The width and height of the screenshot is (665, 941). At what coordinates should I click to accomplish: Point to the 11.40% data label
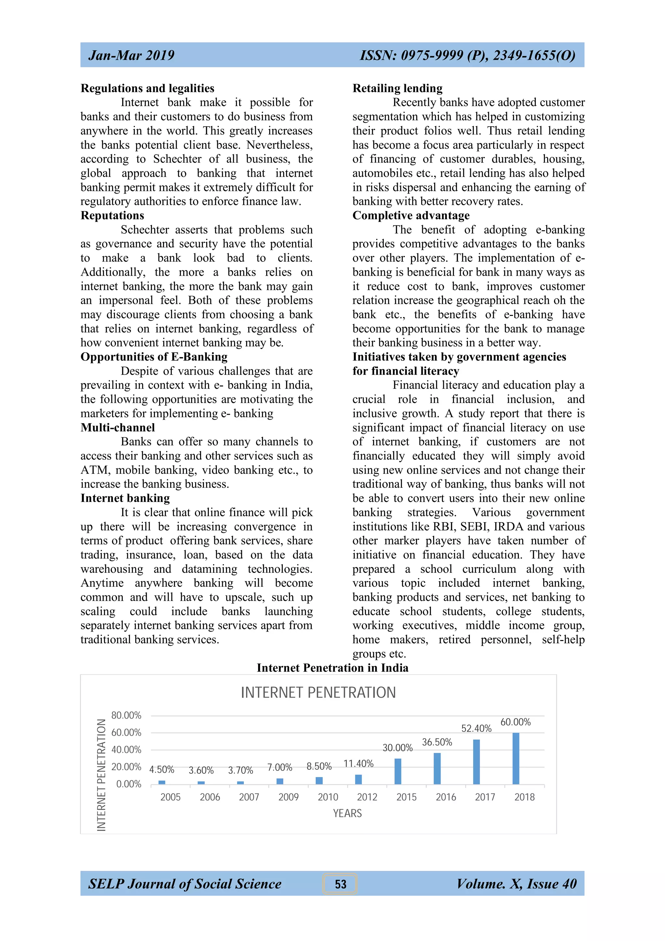(358, 763)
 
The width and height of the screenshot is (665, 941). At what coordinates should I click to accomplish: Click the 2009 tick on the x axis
(288, 797)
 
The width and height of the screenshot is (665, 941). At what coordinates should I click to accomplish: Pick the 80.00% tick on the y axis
(126, 716)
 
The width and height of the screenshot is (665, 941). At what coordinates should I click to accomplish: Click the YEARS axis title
(347, 813)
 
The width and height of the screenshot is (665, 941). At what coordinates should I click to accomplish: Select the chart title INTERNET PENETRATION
(318, 693)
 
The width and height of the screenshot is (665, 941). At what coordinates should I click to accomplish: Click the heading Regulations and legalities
(147, 89)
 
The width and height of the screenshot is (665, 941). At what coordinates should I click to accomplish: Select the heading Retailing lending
(397, 89)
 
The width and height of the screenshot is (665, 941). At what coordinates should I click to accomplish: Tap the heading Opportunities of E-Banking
(154, 357)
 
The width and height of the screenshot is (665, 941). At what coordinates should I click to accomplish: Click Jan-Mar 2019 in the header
(131, 55)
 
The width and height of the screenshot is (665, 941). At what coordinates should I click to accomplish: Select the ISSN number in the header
(467, 55)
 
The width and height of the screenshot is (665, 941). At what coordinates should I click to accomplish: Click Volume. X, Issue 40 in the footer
(516, 884)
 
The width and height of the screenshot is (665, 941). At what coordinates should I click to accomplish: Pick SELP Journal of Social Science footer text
(185, 884)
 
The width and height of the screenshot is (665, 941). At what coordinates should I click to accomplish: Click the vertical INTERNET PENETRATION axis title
(101, 775)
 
